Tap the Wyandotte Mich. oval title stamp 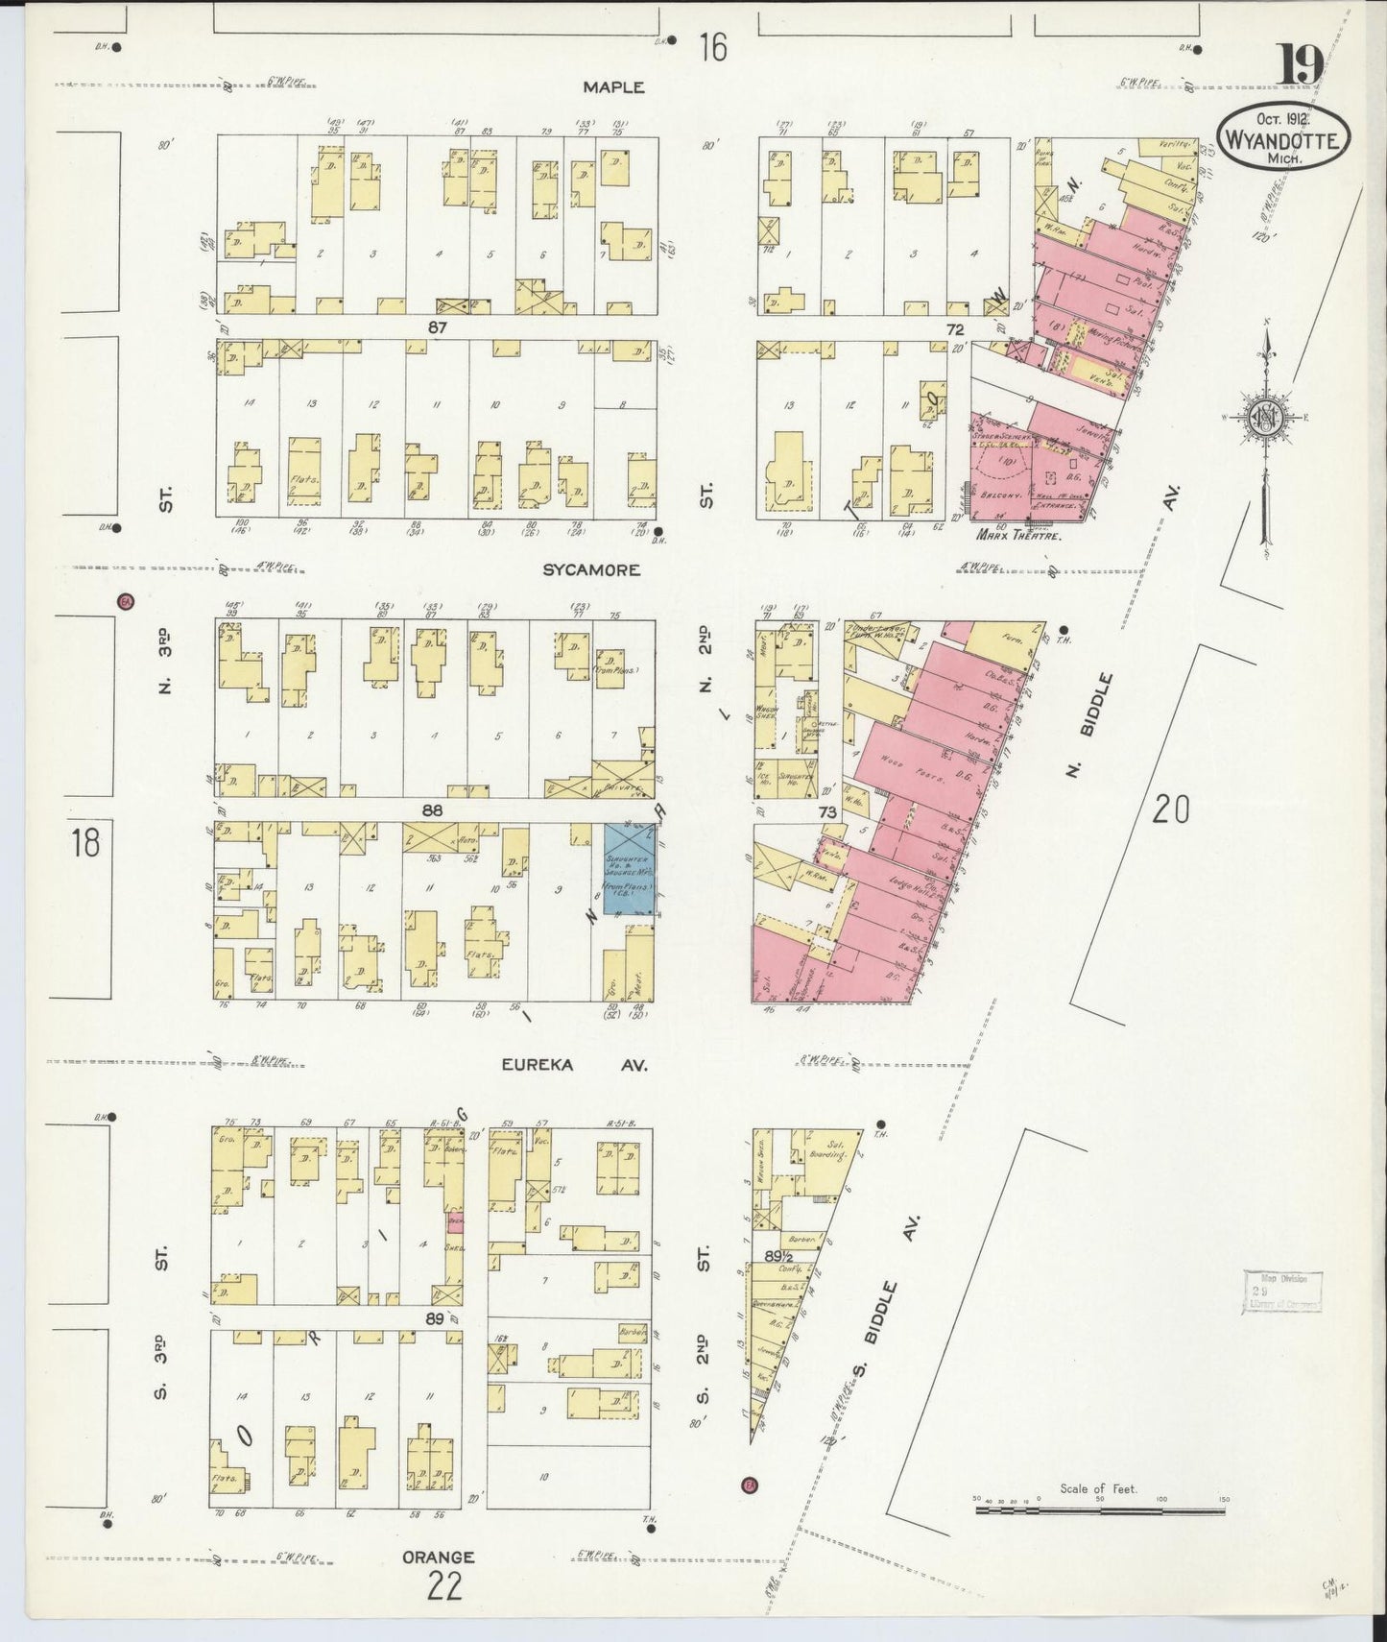[1283, 139]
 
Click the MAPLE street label [614, 87]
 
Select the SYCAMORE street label [591, 569]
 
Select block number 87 [439, 327]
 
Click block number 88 [433, 811]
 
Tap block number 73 [827, 812]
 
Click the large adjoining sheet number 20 [1171, 809]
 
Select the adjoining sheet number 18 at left [84, 843]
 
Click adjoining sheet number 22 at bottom [445, 1586]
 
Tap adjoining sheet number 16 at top [712, 46]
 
